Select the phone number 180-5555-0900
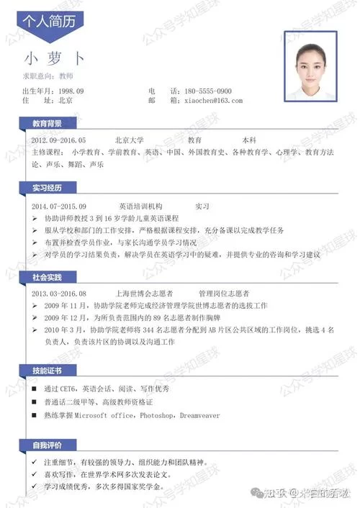[208, 91]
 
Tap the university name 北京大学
[130, 140]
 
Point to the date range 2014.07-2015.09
[59, 205]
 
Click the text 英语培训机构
[141, 205]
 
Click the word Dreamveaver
[200, 415]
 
